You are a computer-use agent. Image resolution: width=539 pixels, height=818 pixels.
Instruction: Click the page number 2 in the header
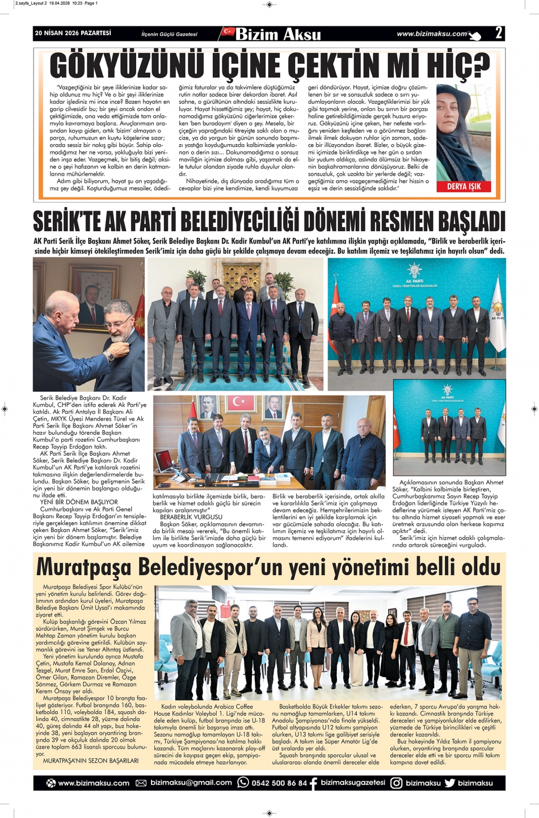tap(498, 33)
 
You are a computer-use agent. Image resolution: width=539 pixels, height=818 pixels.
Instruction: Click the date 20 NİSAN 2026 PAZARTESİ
tap(73, 33)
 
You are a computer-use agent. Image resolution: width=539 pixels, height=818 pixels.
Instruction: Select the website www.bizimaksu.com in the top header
tap(432, 34)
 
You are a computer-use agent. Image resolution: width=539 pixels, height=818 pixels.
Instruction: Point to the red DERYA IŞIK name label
tap(464, 186)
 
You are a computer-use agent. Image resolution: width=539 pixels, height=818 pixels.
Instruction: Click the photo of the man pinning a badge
tap(89, 324)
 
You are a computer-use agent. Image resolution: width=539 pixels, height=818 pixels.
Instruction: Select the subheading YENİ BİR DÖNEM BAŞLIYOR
tap(79, 502)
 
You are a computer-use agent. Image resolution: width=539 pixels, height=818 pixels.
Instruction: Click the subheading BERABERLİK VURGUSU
tap(191, 517)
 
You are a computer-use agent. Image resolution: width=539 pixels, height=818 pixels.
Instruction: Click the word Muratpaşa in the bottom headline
tap(83, 567)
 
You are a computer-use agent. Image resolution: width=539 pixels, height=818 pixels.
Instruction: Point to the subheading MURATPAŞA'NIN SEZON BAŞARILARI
tap(91, 760)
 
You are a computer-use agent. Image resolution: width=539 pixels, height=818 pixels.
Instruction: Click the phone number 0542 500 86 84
tap(280, 783)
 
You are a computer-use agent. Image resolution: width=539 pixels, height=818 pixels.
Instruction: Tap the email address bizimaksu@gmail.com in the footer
tap(191, 783)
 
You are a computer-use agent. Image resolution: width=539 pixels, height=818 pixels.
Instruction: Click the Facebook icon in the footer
tap(313, 783)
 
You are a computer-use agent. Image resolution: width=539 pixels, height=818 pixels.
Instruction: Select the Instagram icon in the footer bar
tap(396, 783)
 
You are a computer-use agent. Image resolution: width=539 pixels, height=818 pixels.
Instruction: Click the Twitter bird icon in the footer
tap(450, 783)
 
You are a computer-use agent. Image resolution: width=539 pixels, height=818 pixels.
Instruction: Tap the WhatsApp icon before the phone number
tap(243, 783)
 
